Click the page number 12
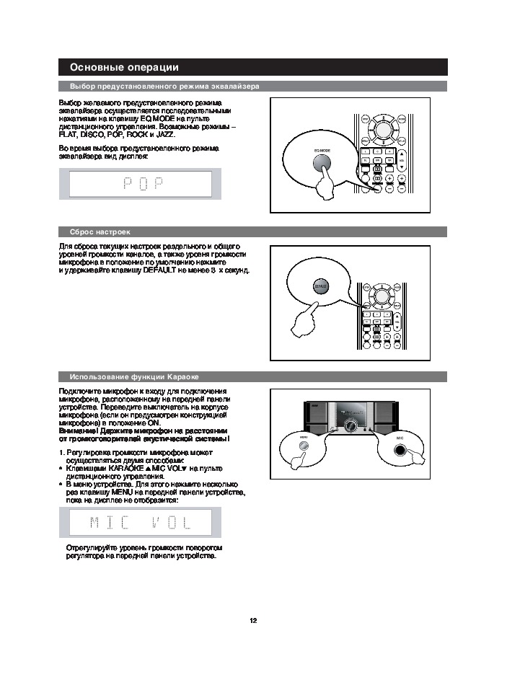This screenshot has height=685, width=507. (253, 621)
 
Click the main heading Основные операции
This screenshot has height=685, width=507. (123, 68)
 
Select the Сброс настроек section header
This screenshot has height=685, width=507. (100, 232)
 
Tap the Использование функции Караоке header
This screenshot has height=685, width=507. (134, 377)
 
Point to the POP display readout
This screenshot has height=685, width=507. (140, 183)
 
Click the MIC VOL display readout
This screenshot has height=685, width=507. (140, 521)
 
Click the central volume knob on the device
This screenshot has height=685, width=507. (352, 423)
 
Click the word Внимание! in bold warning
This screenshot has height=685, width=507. (76, 430)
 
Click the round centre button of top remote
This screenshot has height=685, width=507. (382, 129)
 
